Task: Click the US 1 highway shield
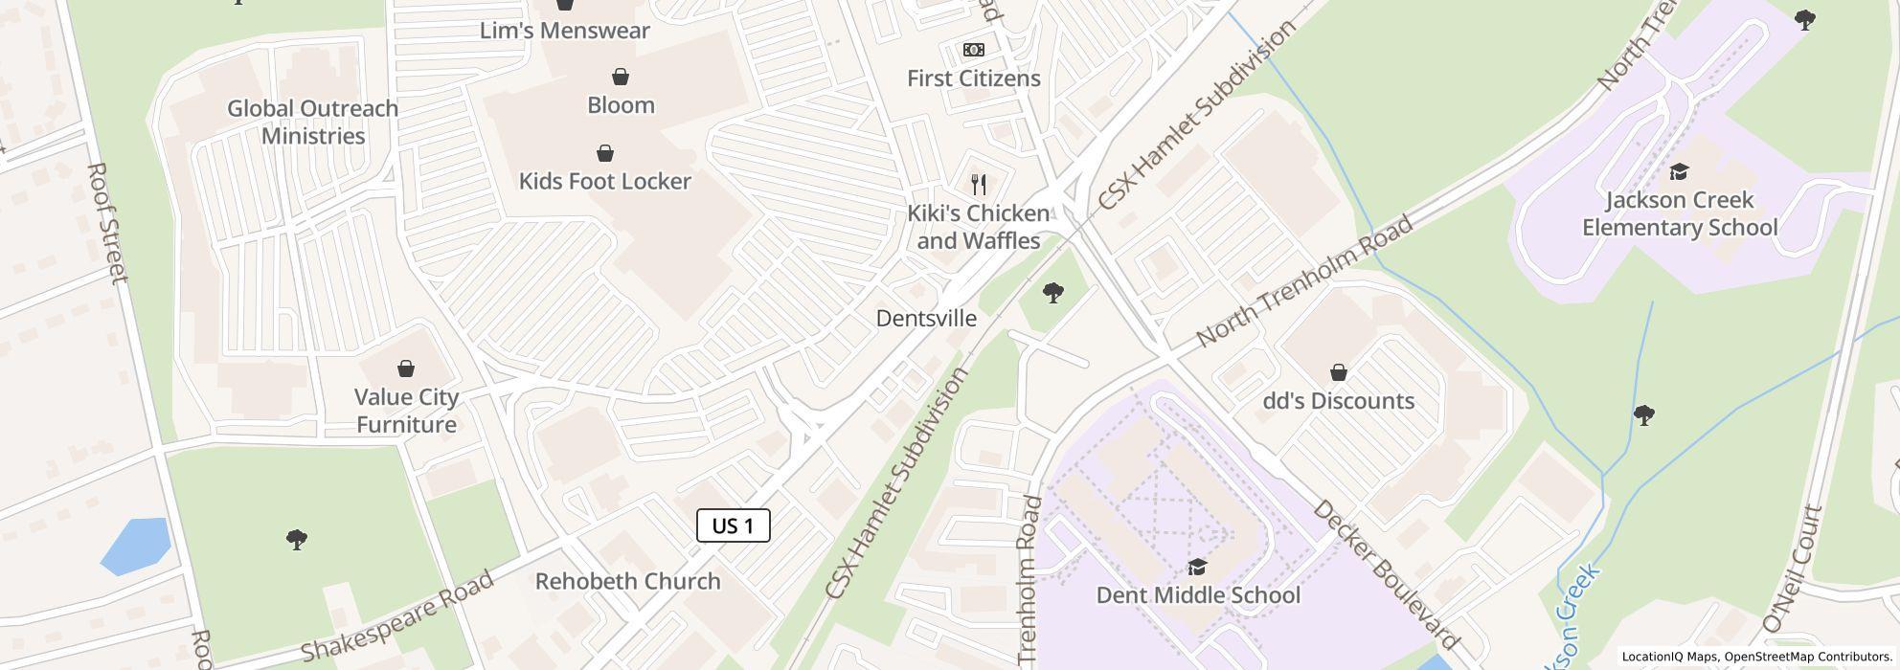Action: (733, 525)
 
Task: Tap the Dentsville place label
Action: (926, 319)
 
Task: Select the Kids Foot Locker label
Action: (604, 181)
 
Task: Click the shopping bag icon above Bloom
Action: (621, 77)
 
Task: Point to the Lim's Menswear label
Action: (564, 31)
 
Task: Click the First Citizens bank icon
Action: (973, 50)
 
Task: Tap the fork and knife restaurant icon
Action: (978, 184)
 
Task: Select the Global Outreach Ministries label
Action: (313, 123)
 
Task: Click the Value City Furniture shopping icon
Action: (406, 368)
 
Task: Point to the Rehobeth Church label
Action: (627, 581)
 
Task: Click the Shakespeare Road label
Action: (397, 615)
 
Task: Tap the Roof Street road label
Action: (107, 224)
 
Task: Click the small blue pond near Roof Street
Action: (136, 547)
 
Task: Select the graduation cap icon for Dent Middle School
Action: (1196, 568)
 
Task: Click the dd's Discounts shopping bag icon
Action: (1338, 372)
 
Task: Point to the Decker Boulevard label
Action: (1385, 574)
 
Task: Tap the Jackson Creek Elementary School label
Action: (1680, 213)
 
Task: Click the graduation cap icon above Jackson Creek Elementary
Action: (1679, 171)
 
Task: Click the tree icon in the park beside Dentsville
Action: (1052, 293)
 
